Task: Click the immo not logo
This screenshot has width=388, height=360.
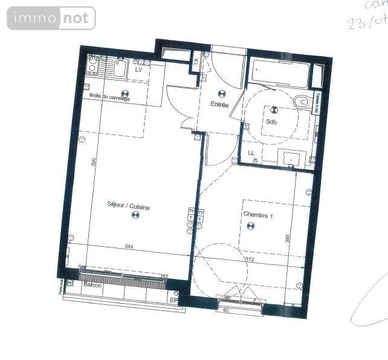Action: (x=51, y=18)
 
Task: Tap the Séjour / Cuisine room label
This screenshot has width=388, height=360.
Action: (x=128, y=206)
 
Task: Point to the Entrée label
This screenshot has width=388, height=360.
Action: (x=219, y=105)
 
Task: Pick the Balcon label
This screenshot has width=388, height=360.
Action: (x=92, y=284)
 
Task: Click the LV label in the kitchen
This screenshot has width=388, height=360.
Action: (x=138, y=70)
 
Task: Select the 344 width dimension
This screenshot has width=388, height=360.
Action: (x=128, y=247)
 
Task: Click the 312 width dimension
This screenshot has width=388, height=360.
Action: (x=249, y=259)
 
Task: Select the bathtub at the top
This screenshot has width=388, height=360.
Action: (x=280, y=74)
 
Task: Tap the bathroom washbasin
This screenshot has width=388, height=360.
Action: (x=293, y=159)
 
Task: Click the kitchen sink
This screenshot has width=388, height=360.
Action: (x=118, y=68)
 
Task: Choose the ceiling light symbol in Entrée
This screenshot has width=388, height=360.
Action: (x=221, y=94)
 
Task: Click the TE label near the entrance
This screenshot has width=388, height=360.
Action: (x=196, y=61)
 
